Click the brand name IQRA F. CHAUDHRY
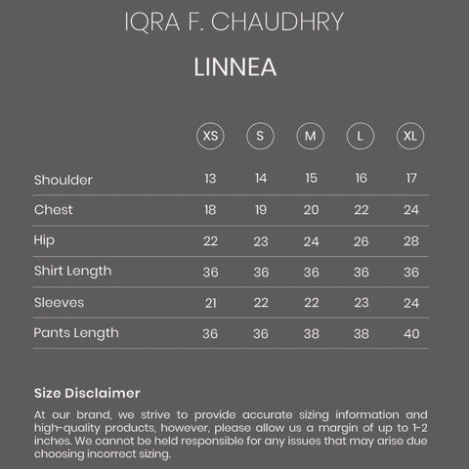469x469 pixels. click(234, 22)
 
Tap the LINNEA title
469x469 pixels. click(234, 68)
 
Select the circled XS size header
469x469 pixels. click(210, 136)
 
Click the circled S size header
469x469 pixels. click(260, 136)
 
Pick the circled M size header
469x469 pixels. click(310, 136)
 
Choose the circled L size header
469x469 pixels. click(361, 136)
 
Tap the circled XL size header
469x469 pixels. click(410, 136)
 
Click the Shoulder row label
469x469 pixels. click(63, 180)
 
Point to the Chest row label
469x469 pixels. click(53, 210)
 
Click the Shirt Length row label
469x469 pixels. click(72, 271)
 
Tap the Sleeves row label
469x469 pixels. click(59, 303)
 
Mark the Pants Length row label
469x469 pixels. click(76, 333)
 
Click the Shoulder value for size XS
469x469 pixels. click(210, 179)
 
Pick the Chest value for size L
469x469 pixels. click(361, 210)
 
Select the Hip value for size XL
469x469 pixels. click(410, 241)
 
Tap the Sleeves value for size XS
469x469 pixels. click(210, 303)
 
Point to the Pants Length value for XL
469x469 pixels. click(410, 333)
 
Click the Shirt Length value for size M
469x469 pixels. click(311, 272)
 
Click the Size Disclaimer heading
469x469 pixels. click(87, 393)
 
